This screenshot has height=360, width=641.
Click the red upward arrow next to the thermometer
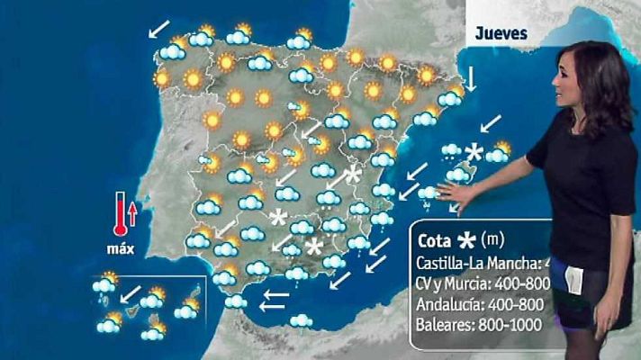tap(133, 213)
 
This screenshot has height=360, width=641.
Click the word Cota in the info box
tap(436, 241)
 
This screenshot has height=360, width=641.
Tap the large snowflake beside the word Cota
tap(467, 240)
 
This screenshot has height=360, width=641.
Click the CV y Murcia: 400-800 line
tap(482, 283)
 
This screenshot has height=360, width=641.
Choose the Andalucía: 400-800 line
tap(481, 303)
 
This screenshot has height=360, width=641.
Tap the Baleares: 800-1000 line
tap(479, 324)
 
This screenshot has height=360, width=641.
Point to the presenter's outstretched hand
tap(454, 193)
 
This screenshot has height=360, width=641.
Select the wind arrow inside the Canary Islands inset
tap(131, 292)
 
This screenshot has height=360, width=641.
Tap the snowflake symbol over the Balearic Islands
tap(474, 153)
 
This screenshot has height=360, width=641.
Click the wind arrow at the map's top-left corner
tap(158, 30)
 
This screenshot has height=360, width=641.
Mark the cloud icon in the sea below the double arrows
tap(300, 320)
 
